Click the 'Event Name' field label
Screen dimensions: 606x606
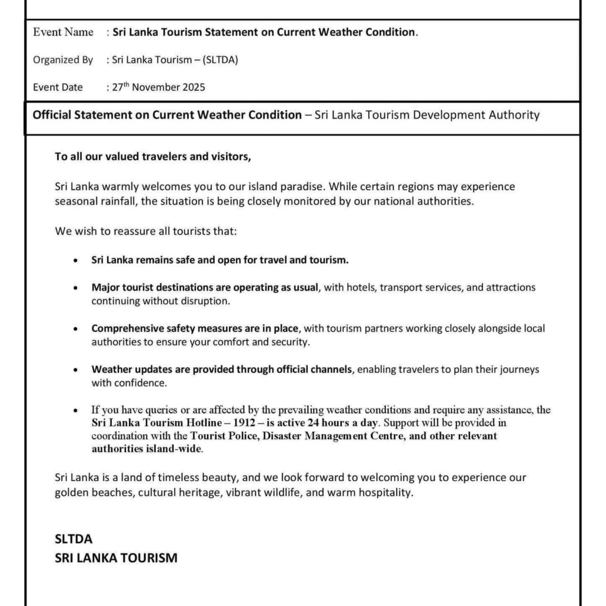pyautogui.click(x=63, y=33)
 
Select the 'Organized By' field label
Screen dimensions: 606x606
pyautogui.click(x=63, y=60)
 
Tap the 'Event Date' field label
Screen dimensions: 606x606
pyautogui.click(x=58, y=87)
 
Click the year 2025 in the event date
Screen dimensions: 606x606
pyautogui.click(x=194, y=87)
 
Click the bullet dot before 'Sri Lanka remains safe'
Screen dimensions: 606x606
pyautogui.click(x=75, y=260)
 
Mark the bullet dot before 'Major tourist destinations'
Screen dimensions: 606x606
pyautogui.click(x=75, y=288)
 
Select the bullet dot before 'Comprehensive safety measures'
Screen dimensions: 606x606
pyautogui.click(x=75, y=328)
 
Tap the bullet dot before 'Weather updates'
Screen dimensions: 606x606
pyautogui.click(x=75, y=370)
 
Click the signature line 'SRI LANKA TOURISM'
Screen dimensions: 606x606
pyautogui.click(x=116, y=557)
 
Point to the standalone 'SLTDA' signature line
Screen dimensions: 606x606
pyautogui.click(x=74, y=539)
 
